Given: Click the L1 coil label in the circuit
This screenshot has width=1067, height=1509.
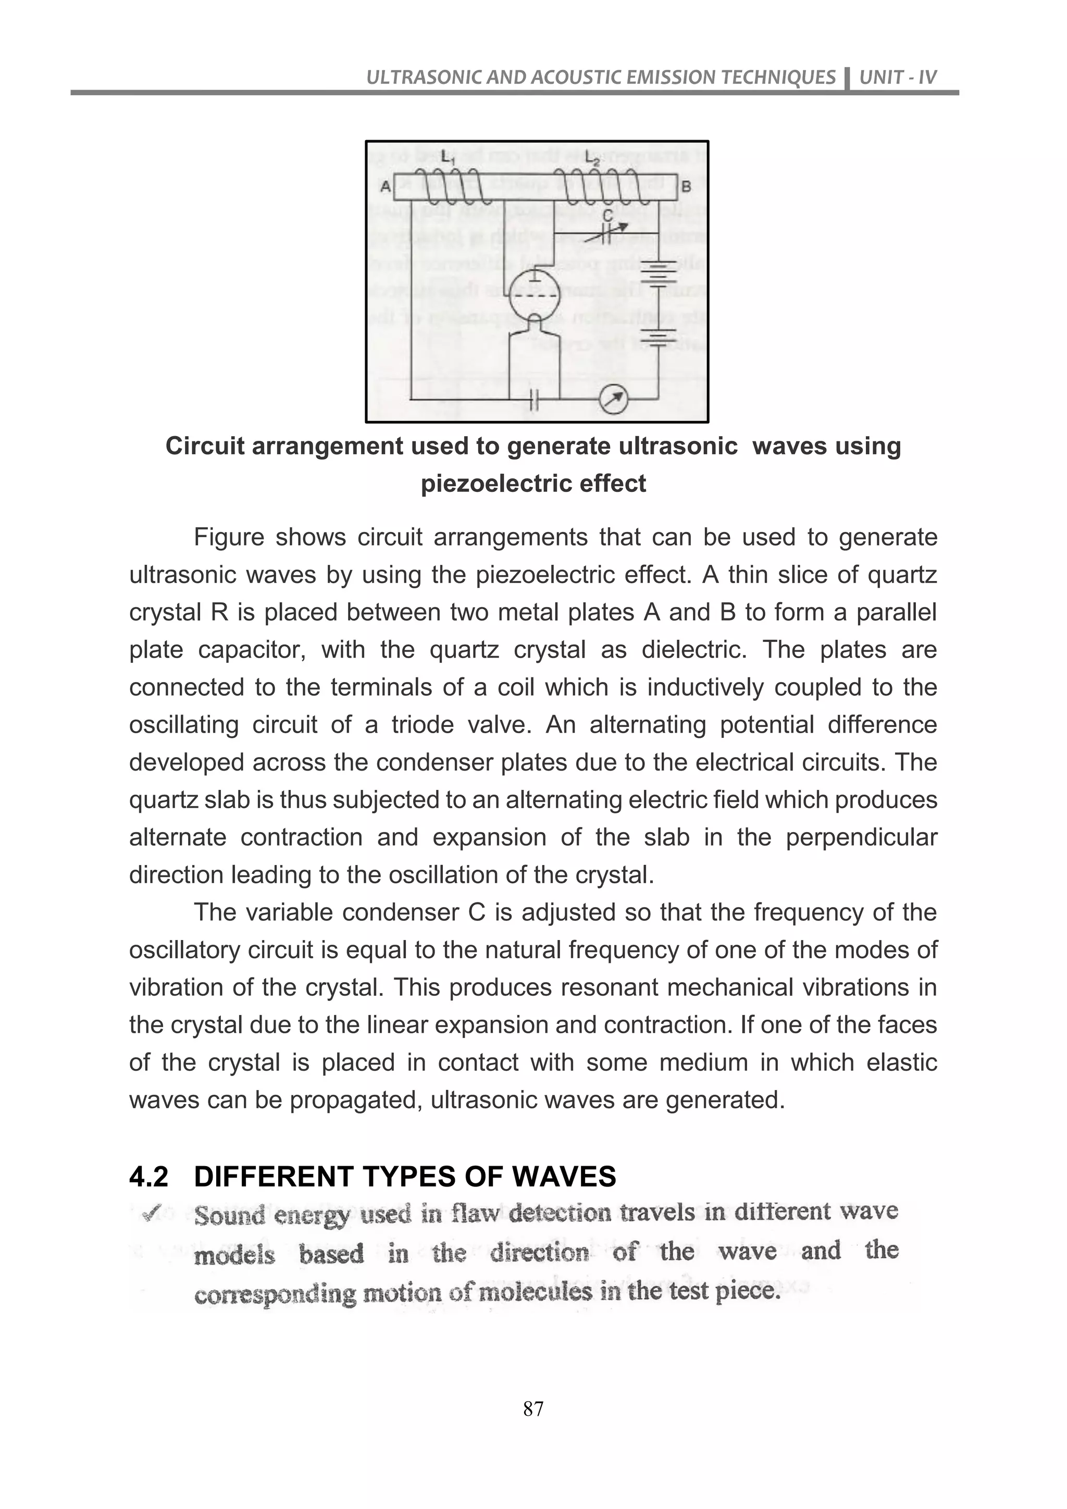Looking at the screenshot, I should tap(448, 159).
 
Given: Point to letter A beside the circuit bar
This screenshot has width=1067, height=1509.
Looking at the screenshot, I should tap(386, 186).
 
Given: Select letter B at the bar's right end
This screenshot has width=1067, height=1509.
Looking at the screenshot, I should tap(686, 187).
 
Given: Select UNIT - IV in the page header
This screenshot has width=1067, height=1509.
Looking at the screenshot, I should tap(898, 78).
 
